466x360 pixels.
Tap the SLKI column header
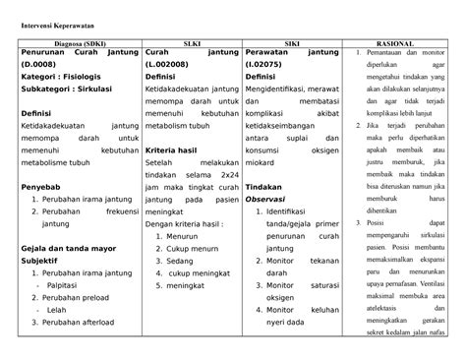coord(191,44)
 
